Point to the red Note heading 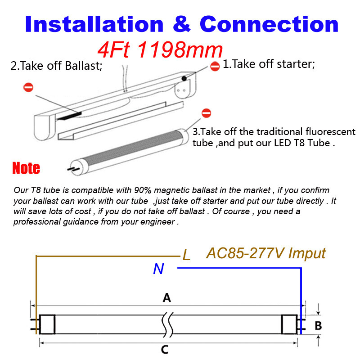point(26,168)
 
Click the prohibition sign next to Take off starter point(215,65)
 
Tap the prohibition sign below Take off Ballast point(28,87)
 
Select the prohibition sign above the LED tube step point(207,112)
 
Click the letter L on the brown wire point(186,256)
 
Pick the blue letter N point(158,269)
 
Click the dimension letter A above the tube point(167,297)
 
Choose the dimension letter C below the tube point(165,350)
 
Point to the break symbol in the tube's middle point(167,324)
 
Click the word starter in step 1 point(295,64)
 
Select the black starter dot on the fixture point(184,78)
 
